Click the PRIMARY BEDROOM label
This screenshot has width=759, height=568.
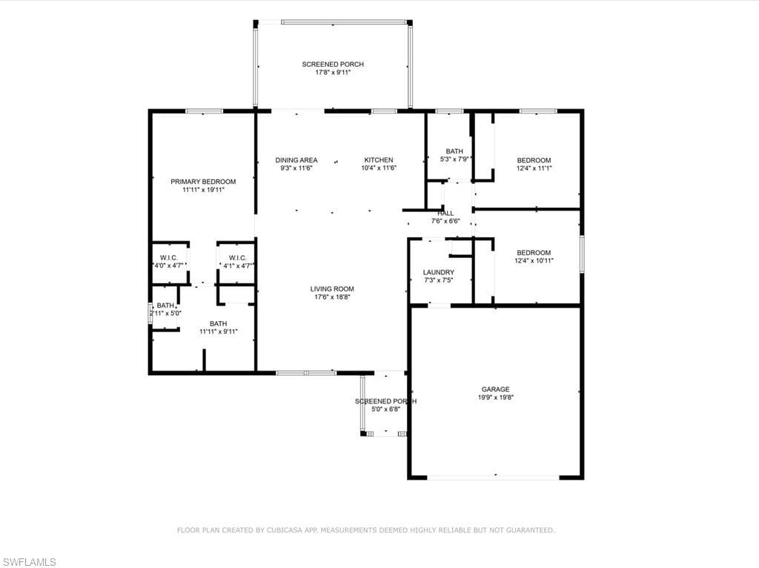coord(203,182)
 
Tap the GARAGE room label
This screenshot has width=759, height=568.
coord(495,389)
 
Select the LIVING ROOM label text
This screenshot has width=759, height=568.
coord(332,289)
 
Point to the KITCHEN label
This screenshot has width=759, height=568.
coord(379,159)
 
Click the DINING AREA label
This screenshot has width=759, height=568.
coord(296,159)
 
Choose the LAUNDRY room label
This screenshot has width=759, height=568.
coord(439,273)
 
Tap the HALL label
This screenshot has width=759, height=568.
coord(445,213)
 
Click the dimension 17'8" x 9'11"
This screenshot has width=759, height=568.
coord(333,73)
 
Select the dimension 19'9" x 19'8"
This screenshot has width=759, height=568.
coord(496,397)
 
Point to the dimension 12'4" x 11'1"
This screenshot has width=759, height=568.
coord(534,168)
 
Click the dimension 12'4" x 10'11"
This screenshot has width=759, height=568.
coord(534,260)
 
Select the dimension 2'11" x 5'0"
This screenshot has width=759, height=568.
coord(165,314)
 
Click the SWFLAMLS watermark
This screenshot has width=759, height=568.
coord(29,562)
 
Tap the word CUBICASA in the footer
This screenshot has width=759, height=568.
coord(285,530)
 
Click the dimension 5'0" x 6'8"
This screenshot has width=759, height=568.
coord(385,409)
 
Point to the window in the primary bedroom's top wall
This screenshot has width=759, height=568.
coord(205,111)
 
